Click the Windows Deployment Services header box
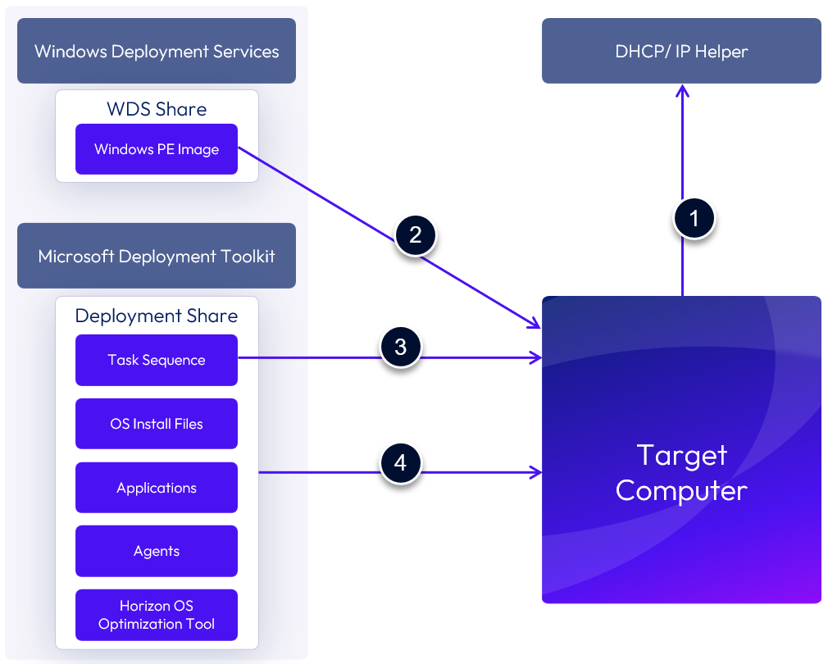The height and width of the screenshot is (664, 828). (x=157, y=52)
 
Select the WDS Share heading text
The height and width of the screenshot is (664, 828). (x=157, y=109)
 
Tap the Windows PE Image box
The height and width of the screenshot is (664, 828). (x=157, y=149)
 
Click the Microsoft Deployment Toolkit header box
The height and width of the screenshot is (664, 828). (x=157, y=256)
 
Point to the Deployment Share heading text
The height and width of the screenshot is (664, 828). (x=157, y=316)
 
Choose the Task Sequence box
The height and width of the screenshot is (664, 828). (x=157, y=360)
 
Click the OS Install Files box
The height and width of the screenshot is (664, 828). (x=157, y=424)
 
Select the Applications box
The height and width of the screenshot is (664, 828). (x=157, y=488)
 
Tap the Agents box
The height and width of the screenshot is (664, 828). (x=157, y=551)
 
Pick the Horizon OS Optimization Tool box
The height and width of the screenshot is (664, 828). (x=157, y=615)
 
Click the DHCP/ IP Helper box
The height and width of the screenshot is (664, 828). (x=681, y=52)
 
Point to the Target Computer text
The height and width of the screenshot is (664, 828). (x=681, y=472)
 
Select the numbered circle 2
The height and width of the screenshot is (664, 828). (x=416, y=235)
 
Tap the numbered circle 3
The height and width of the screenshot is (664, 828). (x=400, y=347)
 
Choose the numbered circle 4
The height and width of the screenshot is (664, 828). (x=400, y=463)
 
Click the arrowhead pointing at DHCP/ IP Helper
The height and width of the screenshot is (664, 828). (x=682, y=90)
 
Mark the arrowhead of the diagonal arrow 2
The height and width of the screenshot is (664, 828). (x=536, y=325)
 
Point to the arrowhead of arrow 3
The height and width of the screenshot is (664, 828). (x=537, y=357)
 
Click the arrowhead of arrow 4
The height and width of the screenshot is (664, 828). (x=537, y=472)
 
